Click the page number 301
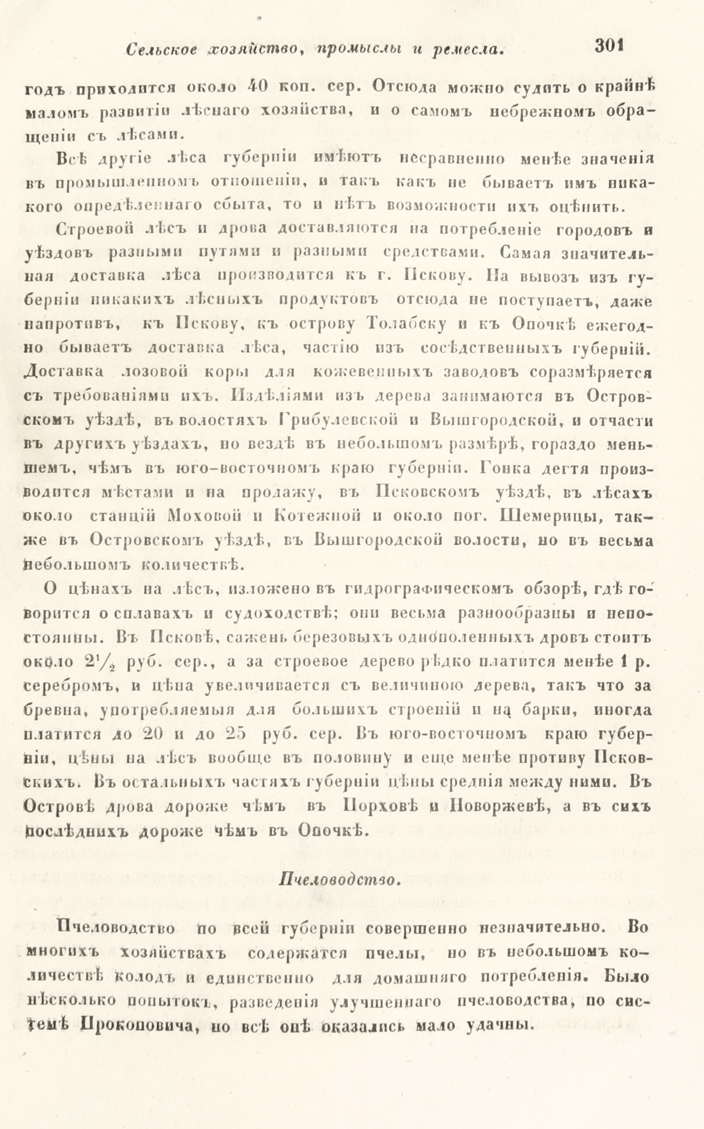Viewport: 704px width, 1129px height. click(608, 46)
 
